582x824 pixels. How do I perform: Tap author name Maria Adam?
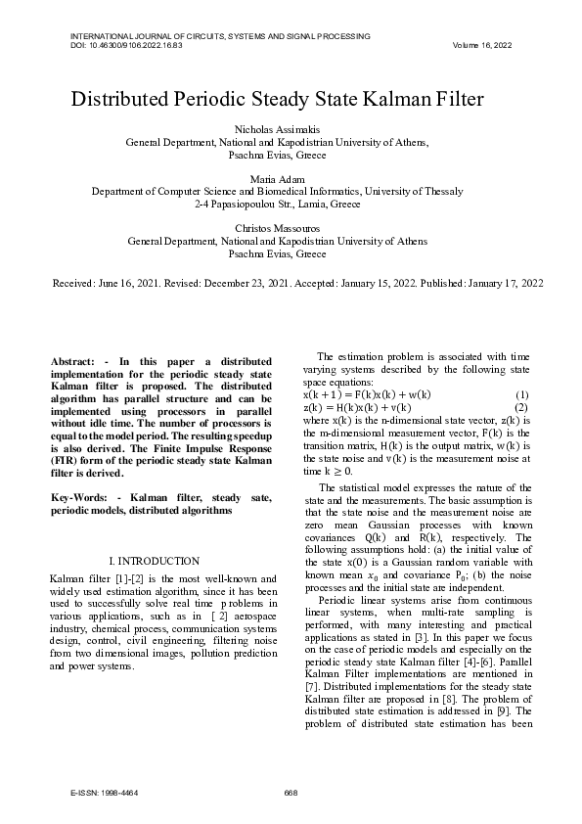(x=291, y=180)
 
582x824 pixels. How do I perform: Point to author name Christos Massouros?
(x=291, y=229)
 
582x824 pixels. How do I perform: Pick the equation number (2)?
(x=521, y=406)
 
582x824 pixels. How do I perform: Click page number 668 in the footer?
(x=291, y=792)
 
